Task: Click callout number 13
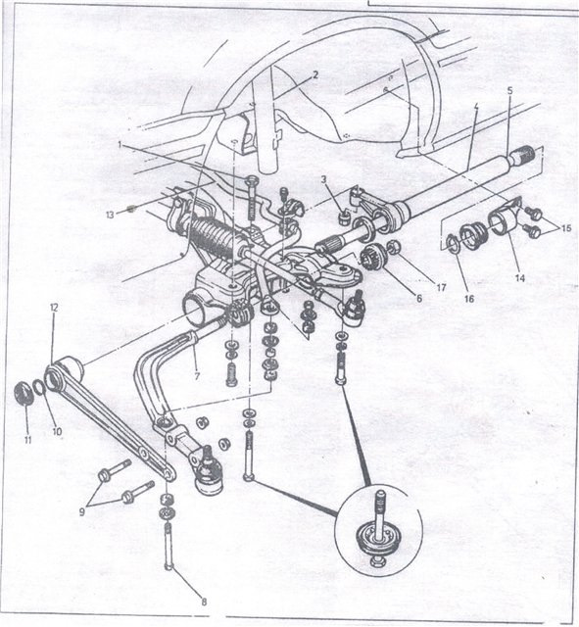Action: (x=110, y=215)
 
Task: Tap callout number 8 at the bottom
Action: (x=204, y=601)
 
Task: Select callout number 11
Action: (x=27, y=440)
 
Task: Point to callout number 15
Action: (x=566, y=228)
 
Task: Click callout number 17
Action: (x=441, y=287)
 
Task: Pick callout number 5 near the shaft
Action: (x=509, y=90)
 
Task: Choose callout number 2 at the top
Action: (x=315, y=74)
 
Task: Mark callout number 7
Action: (x=197, y=376)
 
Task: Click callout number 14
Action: (x=520, y=277)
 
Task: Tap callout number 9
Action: (x=82, y=511)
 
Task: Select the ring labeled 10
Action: (x=38, y=387)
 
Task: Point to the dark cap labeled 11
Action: (x=24, y=393)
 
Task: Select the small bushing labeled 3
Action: (x=345, y=218)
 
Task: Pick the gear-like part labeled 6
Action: (x=372, y=257)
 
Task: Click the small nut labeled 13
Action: (x=130, y=209)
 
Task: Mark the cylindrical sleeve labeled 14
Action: (x=502, y=222)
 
